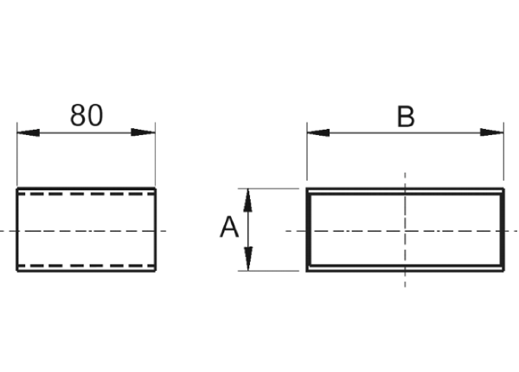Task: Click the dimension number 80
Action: (x=86, y=116)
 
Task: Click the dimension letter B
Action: (x=406, y=117)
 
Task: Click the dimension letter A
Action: (x=229, y=227)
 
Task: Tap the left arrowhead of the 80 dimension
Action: (x=29, y=132)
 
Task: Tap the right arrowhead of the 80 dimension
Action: (x=144, y=132)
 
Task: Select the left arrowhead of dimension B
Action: (x=318, y=132)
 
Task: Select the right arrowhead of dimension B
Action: (x=492, y=132)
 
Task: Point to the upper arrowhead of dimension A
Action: (x=248, y=200)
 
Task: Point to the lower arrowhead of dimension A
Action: (x=248, y=259)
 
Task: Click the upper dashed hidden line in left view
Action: (x=86, y=194)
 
